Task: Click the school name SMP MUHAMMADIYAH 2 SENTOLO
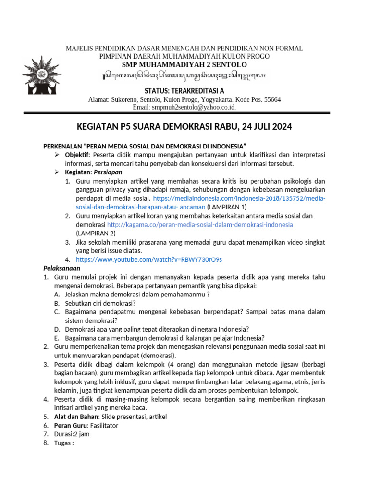point(184,65)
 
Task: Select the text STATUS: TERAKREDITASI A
point(184,91)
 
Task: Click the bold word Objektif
point(77,155)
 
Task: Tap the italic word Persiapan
point(109,172)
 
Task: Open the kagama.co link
point(200,224)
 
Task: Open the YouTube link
point(149,259)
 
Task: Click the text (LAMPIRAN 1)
point(227,207)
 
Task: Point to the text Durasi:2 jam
point(72,434)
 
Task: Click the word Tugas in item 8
point(62,443)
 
